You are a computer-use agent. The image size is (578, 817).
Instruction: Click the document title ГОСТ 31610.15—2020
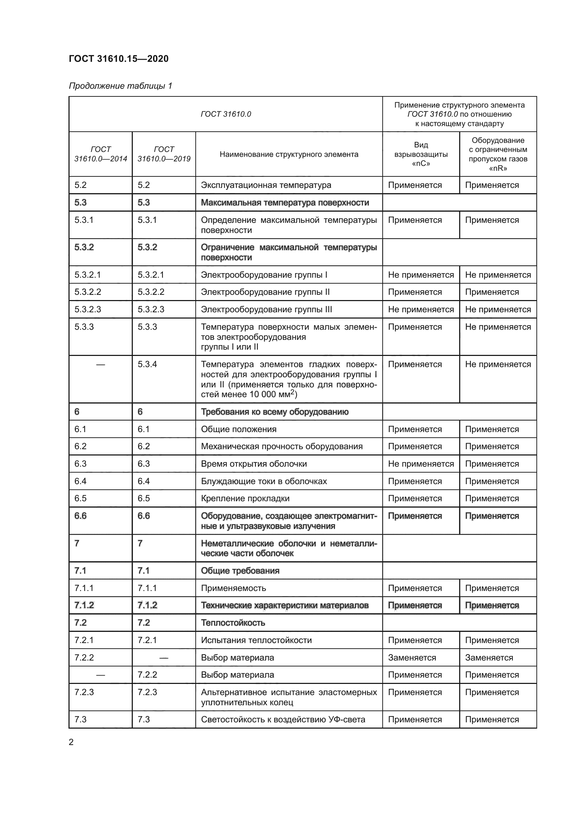point(118,59)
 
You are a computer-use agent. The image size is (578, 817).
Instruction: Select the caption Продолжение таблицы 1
point(120,86)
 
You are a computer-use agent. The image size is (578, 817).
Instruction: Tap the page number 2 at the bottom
point(71,742)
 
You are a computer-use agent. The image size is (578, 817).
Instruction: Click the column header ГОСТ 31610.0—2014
point(100,154)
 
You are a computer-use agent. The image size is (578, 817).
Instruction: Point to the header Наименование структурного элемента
point(289,154)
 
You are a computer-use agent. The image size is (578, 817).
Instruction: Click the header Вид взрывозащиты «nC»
point(421,154)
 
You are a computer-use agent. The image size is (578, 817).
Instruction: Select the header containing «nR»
point(498,154)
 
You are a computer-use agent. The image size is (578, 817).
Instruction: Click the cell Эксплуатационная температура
point(266,185)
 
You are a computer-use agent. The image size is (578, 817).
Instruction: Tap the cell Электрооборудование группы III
point(266,309)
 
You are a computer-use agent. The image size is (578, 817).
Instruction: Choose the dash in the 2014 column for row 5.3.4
point(100,364)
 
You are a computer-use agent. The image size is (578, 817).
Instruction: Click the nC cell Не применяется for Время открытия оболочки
point(421,464)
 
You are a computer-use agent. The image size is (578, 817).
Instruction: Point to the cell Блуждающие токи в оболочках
point(264,481)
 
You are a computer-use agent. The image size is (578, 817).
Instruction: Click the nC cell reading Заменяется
point(412,658)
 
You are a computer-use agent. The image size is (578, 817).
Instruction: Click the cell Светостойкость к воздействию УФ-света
point(283,720)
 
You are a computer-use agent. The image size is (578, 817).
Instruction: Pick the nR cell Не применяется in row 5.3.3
point(498,327)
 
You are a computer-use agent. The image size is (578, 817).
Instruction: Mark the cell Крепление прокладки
point(245,498)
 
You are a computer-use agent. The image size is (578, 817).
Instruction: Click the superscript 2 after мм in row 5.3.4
point(292,392)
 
